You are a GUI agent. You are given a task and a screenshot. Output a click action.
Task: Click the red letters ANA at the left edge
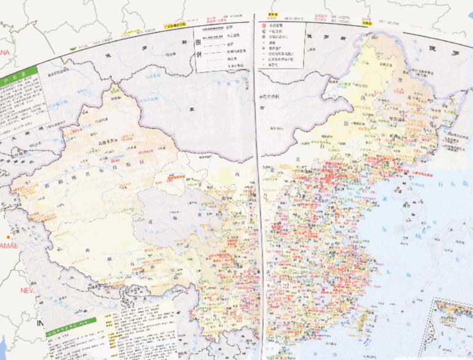(5, 54)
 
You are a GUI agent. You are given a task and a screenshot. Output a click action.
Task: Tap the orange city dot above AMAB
(9, 237)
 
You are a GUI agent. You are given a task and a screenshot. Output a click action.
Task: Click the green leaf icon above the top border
(74, 47)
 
